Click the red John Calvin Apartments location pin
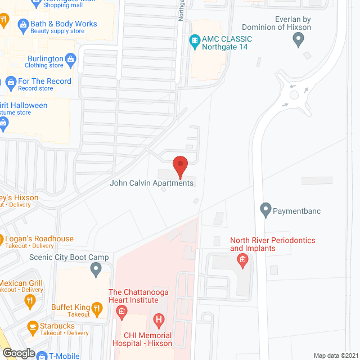pos(180,166)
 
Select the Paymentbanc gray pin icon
pos(266,210)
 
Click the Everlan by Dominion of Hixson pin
pos(299,39)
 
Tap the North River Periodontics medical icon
pos(243,259)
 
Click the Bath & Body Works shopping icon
pos(22,24)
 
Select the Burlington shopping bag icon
pos(71,58)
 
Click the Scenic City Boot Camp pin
pos(95,269)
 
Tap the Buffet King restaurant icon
pos(97,308)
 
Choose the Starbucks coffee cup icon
pos(32,326)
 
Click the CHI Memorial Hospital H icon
pos(159,321)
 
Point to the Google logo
pos(18,353)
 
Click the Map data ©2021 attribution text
pos(335,355)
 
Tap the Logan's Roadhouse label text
pos(39,238)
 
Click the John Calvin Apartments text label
pos(152,183)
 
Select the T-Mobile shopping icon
pos(40,355)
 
